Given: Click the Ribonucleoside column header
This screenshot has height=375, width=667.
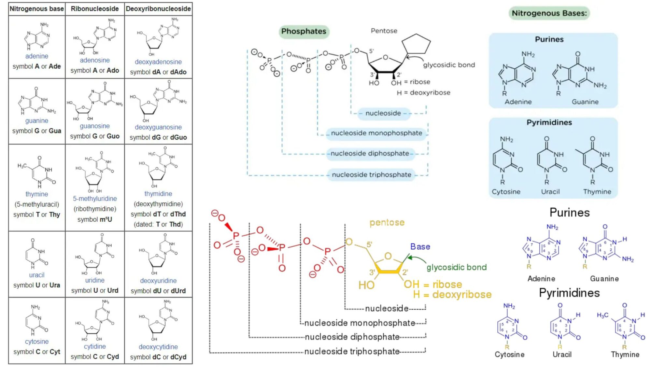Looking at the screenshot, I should click(95, 9).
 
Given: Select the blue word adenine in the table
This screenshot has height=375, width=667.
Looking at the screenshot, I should click(36, 56).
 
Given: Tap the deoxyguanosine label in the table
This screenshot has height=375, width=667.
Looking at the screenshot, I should click(158, 127).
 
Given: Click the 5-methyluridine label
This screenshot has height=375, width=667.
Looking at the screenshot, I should click(95, 199).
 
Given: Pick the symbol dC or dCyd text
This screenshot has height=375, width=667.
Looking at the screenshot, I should click(158, 357).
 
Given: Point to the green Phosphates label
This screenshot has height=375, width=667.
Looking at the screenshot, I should click(304, 31).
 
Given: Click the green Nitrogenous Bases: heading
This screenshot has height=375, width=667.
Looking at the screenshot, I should click(549, 13).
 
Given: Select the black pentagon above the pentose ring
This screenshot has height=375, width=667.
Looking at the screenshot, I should click(416, 44).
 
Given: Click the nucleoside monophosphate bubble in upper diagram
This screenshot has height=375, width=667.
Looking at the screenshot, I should click(376, 133).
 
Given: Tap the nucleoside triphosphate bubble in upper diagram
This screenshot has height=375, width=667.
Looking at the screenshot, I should click(371, 175).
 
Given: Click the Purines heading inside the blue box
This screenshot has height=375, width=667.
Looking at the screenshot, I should click(549, 39).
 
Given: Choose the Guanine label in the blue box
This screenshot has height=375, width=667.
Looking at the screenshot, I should click(585, 102).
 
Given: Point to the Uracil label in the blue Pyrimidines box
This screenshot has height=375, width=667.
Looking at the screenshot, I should click(550, 192).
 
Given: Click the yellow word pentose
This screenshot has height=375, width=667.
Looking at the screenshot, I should click(387, 223).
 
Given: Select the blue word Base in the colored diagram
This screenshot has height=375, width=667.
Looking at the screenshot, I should click(420, 247).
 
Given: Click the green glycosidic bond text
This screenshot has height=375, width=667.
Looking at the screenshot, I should click(457, 267).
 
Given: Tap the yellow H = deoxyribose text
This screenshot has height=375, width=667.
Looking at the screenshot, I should click(452, 295).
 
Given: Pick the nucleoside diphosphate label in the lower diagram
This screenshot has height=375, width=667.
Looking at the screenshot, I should click(352, 337).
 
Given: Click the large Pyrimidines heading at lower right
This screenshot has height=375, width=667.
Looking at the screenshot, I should click(569, 293).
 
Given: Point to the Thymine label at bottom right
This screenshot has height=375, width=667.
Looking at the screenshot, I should click(625, 354).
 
